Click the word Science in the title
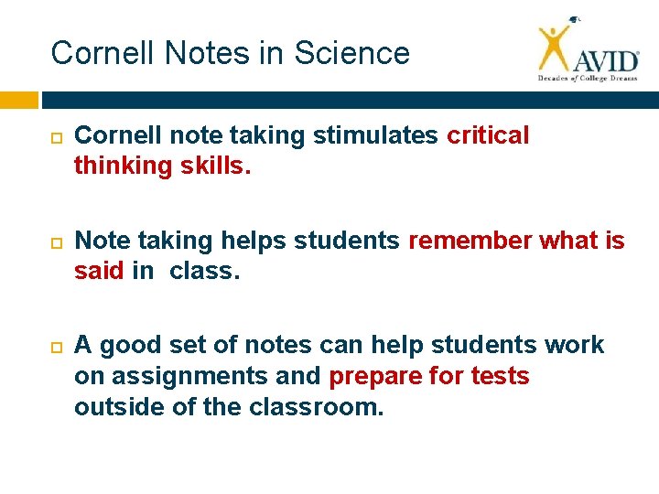tap(353, 53)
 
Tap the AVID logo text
tap(605, 60)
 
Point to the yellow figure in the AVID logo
tap(554, 48)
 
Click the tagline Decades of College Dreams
tap(587, 80)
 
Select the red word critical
tap(488, 135)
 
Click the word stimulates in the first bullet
tap(375, 135)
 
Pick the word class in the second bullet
tap(204, 272)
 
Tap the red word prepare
tap(376, 376)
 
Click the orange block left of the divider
tap(19, 99)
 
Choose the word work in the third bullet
tap(573, 345)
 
